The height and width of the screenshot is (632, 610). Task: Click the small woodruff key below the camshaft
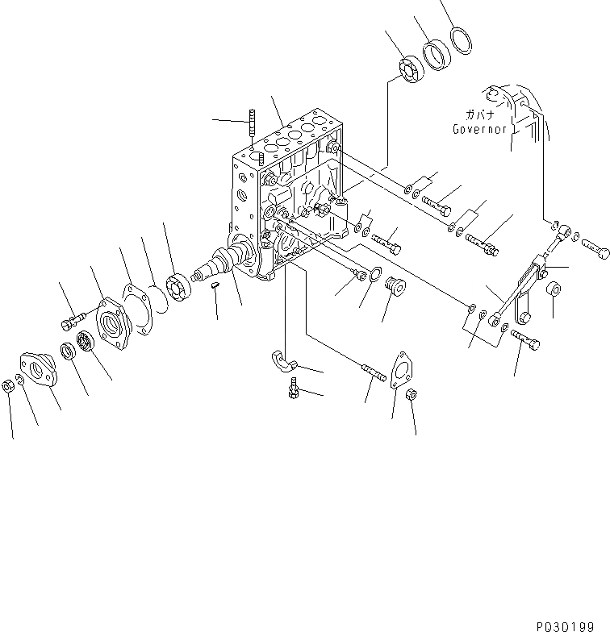[x=216, y=285]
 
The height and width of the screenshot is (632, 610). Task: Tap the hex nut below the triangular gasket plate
[x=410, y=395]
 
